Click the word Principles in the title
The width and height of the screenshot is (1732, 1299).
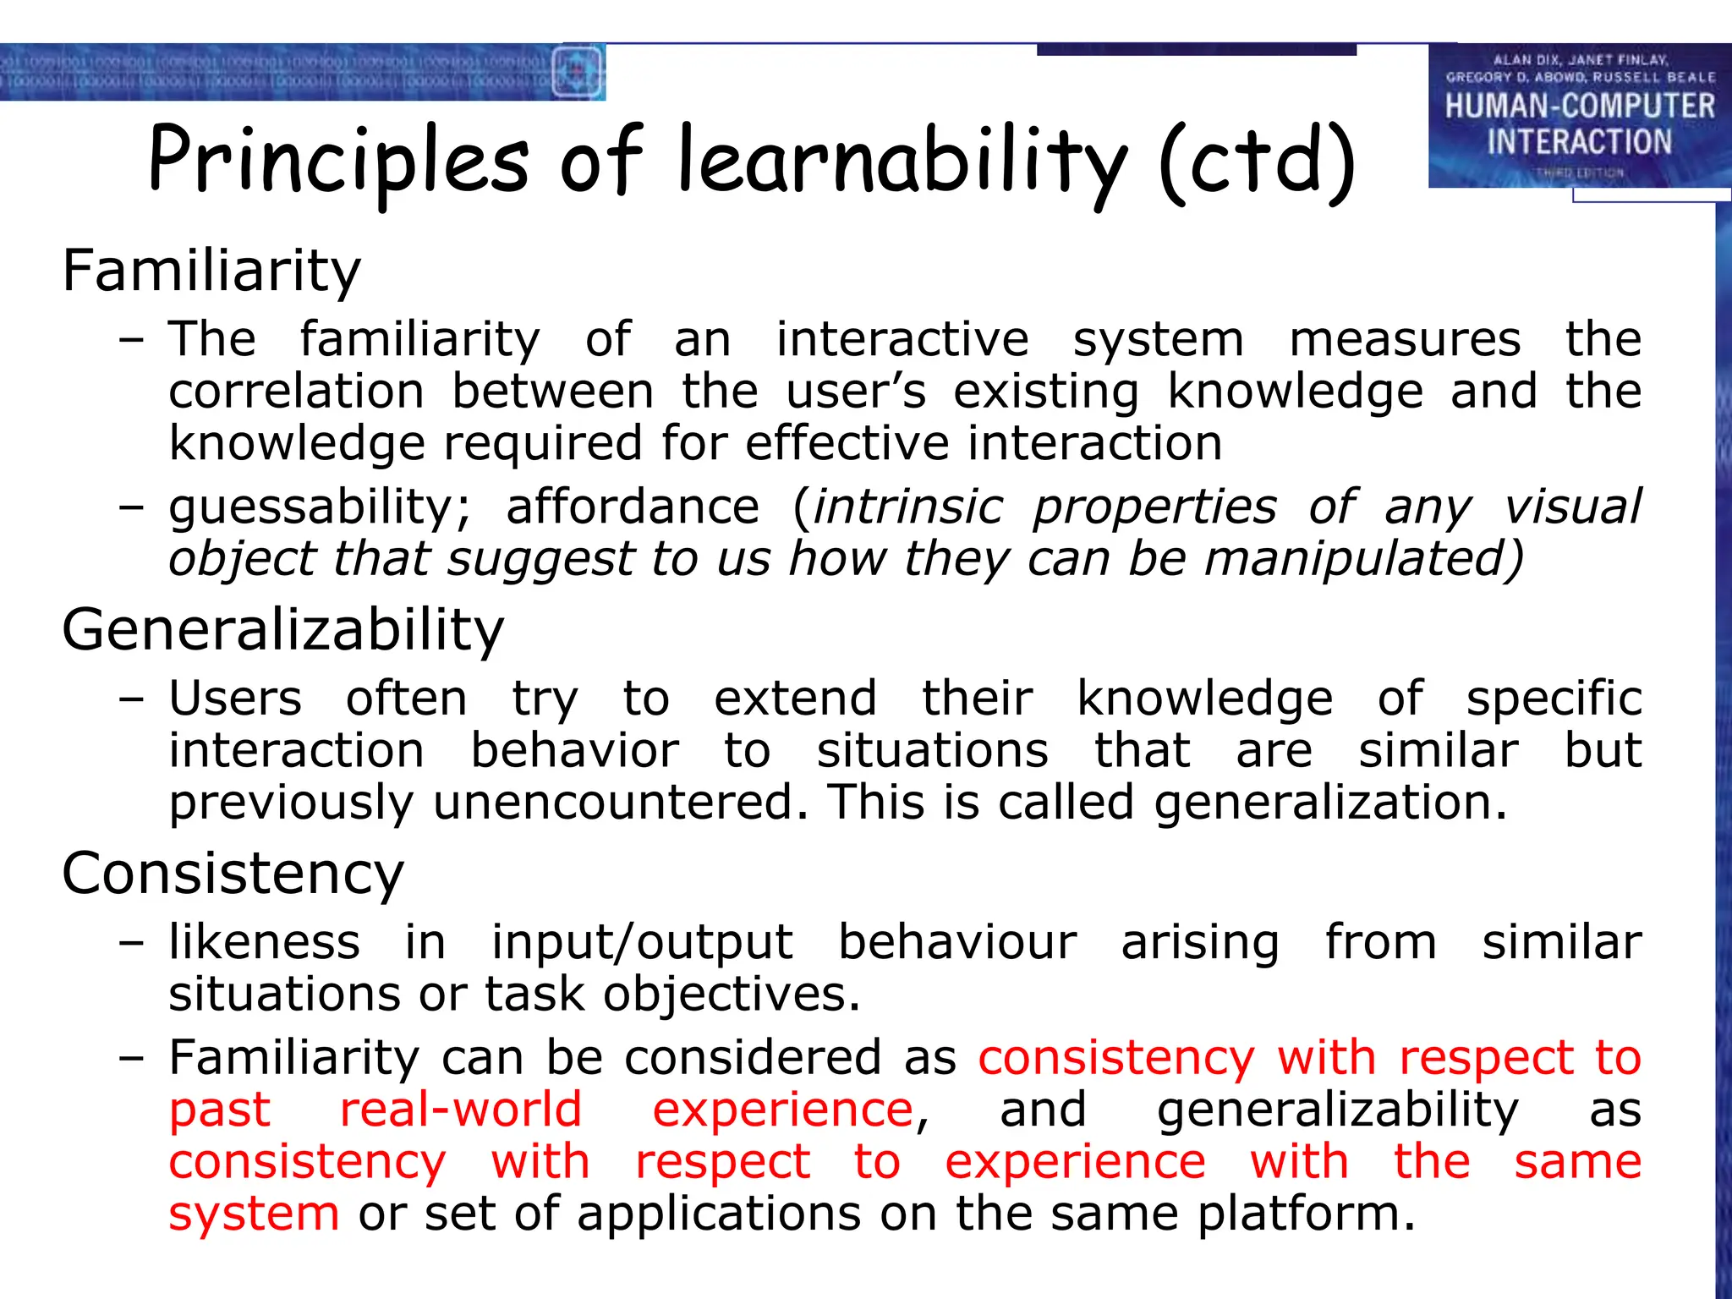tap(338, 161)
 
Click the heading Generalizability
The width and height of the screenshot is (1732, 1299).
tap(282, 630)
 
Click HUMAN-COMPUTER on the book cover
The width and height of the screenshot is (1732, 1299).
tap(1579, 107)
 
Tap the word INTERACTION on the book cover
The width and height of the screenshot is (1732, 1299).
tap(1579, 142)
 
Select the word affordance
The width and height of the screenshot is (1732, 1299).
tap(633, 507)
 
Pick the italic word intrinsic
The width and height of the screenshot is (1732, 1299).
tap(907, 507)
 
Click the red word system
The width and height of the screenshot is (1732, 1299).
tap(254, 1214)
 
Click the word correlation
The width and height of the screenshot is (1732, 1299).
tap(296, 392)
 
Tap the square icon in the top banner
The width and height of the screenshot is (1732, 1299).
tap(578, 72)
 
